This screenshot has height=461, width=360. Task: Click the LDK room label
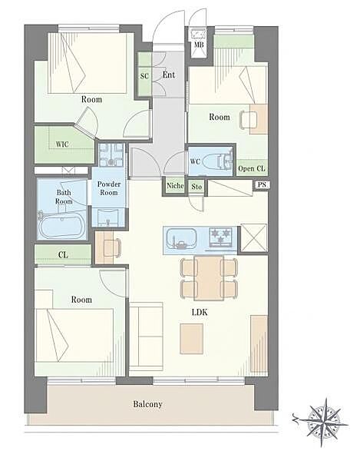click(200, 312)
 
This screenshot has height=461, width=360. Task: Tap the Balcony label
click(147, 404)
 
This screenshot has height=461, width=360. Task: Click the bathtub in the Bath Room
click(61, 227)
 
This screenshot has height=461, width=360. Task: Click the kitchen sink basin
click(181, 238)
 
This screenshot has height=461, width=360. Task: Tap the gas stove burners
click(220, 237)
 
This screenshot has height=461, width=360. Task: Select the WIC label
click(62, 144)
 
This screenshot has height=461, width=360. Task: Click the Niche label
click(175, 186)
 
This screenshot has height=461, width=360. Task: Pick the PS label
click(262, 185)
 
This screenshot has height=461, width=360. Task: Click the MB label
click(199, 45)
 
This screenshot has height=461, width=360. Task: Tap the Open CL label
click(251, 169)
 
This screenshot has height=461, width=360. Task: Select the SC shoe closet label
click(144, 76)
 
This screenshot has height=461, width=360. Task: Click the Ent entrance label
click(169, 75)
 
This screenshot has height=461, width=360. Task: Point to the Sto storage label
click(197, 187)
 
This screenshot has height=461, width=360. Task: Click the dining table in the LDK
click(209, 278)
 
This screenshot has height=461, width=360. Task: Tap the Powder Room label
click(109, 188)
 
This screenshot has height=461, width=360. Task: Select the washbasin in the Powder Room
click(108, 217)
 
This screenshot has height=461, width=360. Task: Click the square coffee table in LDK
click(191, 339)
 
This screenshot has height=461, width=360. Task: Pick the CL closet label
click(63, 254)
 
